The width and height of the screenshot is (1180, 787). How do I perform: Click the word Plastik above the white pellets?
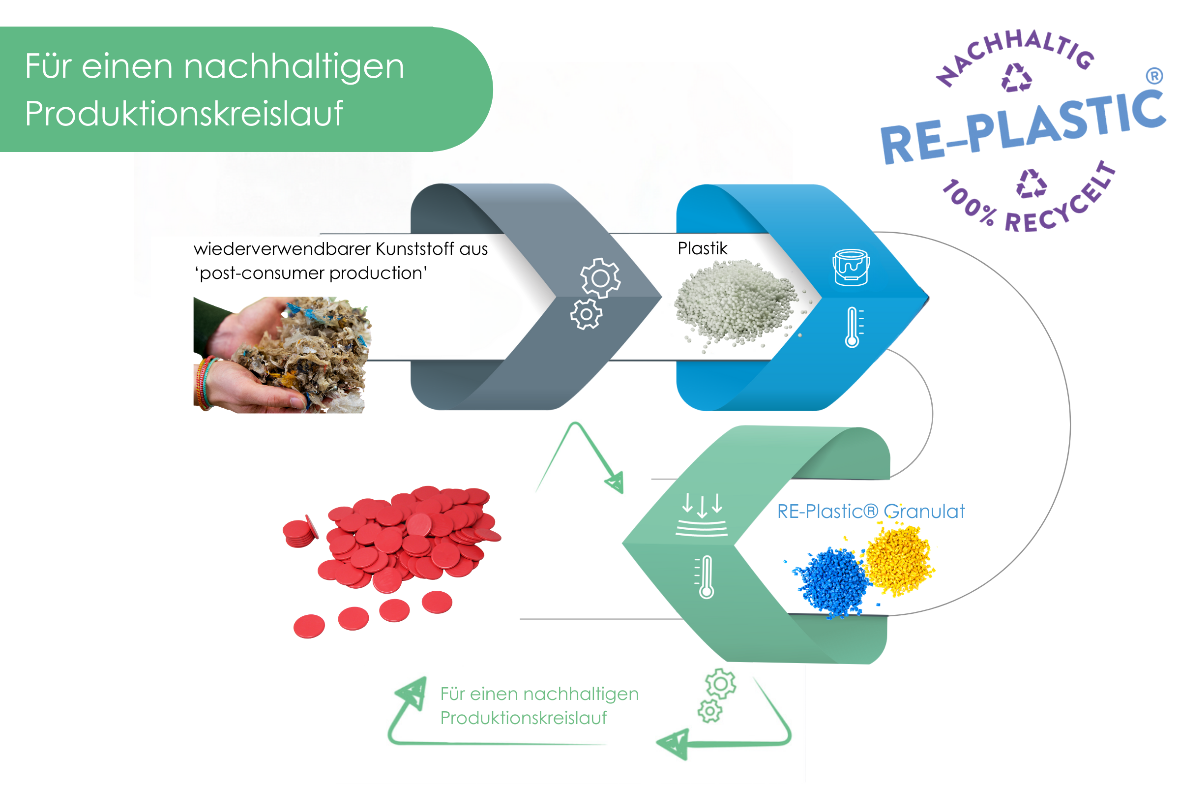pos(702,248)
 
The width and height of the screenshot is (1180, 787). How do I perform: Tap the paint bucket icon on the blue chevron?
pos(851,267)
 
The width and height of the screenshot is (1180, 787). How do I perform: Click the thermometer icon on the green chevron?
pos(706,576)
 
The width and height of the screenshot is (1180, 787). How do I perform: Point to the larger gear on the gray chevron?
pos(600,277)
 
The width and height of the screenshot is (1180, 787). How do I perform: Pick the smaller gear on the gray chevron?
pos(586,314)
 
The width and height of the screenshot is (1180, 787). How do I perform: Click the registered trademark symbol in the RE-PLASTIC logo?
pos(1154,76)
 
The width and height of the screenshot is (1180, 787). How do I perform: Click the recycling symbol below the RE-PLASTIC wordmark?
pos(1031,183)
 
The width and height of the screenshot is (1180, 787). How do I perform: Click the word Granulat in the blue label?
pos(924,512)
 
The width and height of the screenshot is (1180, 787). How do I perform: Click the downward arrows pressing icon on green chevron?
pos(702,515)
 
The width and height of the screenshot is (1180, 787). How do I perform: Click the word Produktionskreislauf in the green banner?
pos(183,114)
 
